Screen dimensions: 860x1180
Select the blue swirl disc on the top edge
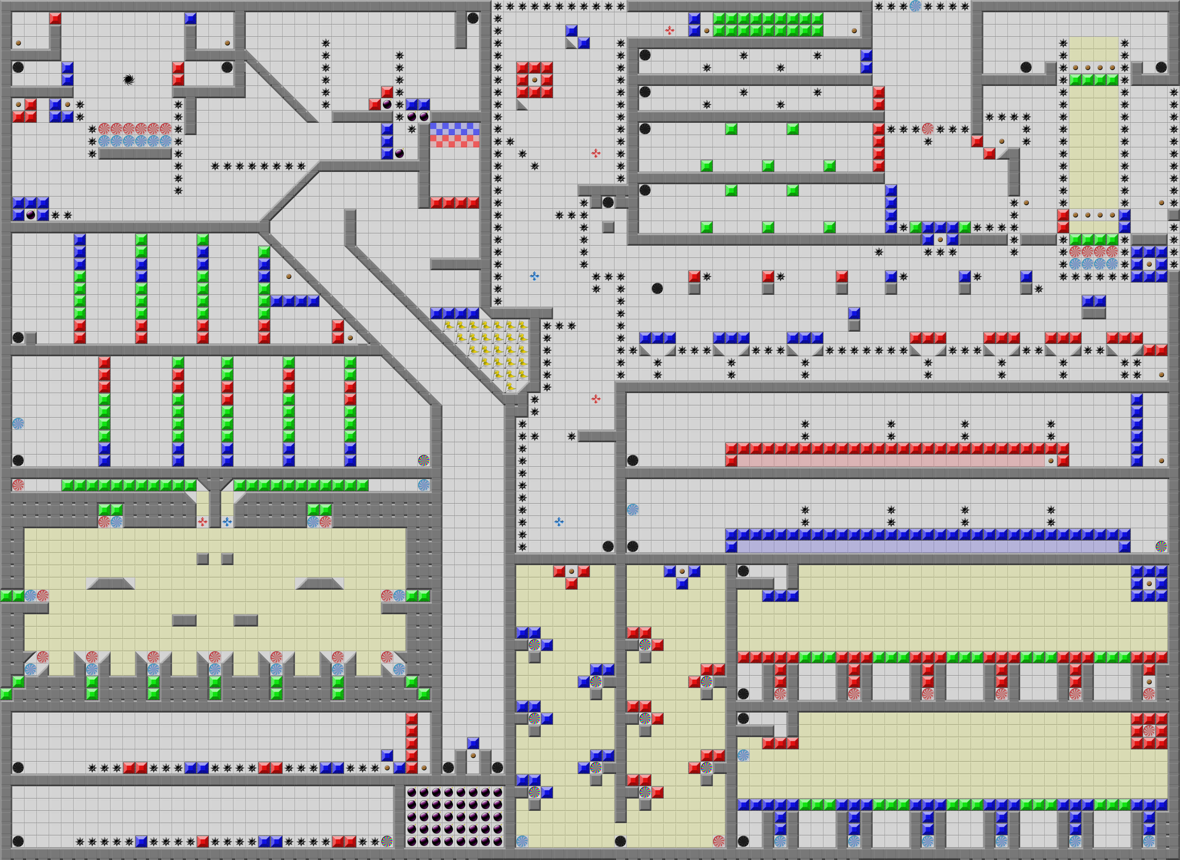pos(915,6)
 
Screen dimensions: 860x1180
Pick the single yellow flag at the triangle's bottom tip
pos(510,387)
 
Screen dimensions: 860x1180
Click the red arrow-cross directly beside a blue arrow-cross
pos(203,522)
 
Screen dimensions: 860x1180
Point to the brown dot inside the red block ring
pos(534,80)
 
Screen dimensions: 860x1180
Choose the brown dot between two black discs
pos(473,755)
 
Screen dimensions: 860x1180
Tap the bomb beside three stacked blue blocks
pos(399,153)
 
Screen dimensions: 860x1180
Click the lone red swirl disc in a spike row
pos(927,129)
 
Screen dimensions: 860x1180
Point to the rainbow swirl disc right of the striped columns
pos(424,460)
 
